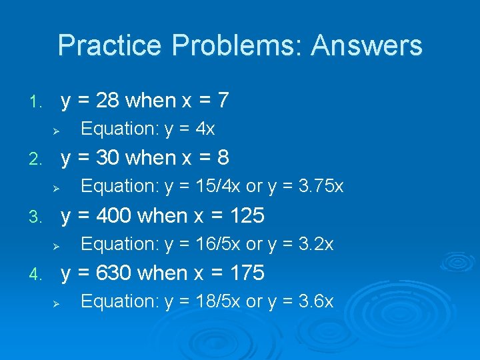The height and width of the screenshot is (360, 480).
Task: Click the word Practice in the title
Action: coord(109,46)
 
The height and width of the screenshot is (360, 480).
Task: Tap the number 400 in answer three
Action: coord(115,216)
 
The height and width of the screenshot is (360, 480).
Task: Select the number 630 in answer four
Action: coord(115,273)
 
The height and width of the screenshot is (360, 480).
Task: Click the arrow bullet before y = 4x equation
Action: coord(57,130)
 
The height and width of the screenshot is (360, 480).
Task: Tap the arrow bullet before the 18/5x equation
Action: coord(57,303)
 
